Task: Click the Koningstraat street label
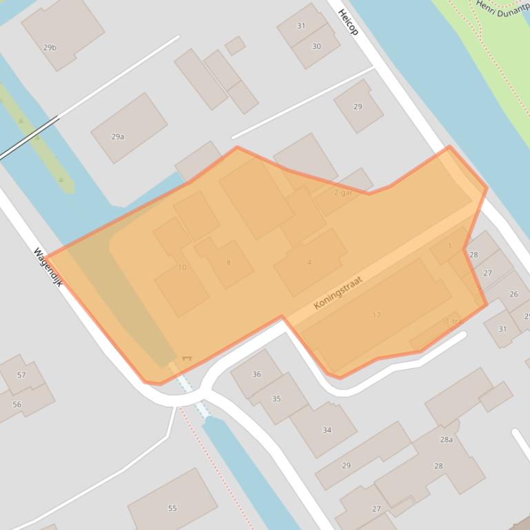(x=338, y=293)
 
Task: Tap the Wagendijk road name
(x=48, y=266)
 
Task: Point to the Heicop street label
(x=348, y=22)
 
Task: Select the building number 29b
(x=50, y=47)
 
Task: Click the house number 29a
(x=118, y=136)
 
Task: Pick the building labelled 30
(x=316, y=46)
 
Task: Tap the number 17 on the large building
(x=376, y=315)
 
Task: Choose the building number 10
(x=182, y=267)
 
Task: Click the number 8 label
(x=228, y=262)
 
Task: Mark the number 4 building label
(x=309, y=262)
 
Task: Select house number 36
(x=256, y=374)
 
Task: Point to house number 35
(x=276, y=399)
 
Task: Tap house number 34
(x=327, y=430)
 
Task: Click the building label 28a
(x=446, y=439)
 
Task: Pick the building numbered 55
(x=172, y=508)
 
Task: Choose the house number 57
(x=21, y=375)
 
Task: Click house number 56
(x=17, y=404)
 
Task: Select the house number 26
(x=513, y=294)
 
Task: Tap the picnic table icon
(x=186, y=359)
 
